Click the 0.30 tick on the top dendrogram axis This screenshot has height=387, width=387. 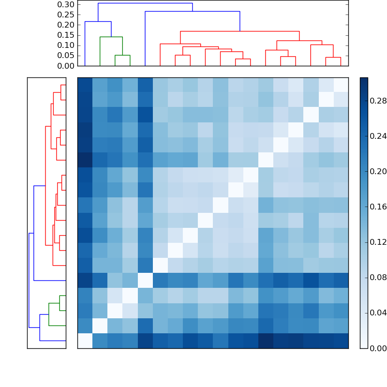(66, 4)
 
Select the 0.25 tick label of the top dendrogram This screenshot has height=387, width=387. (66, 15)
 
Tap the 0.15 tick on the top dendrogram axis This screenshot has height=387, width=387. (66, 35)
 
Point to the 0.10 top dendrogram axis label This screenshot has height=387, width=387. (66, 45)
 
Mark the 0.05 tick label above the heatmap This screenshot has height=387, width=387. (66, 56)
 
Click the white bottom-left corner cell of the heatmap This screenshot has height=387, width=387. (85, 341)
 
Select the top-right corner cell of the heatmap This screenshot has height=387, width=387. (341, 85)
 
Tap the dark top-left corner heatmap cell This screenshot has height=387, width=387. (85, 85)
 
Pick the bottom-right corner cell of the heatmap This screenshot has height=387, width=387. (341, 341)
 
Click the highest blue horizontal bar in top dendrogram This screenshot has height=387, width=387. (145, 3)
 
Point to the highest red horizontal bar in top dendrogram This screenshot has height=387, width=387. (239, 31)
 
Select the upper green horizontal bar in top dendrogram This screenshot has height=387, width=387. (111, 37)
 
